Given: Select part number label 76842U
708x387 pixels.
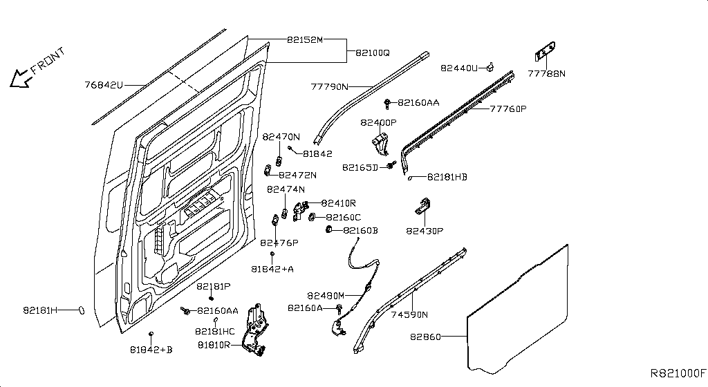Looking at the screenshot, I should point(104,86).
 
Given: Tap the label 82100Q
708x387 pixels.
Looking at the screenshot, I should point(373,53).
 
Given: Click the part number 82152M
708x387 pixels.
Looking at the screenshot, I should point(305,40).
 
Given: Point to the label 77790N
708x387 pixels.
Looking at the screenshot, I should point(329,87).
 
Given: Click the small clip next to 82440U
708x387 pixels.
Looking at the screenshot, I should point(490,66).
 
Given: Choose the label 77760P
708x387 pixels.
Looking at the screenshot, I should point(508,108).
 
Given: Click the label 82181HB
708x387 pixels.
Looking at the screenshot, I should point(447,177).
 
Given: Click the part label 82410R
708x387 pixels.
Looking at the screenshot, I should point(338,203).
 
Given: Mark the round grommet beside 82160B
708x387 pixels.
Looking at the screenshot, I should point(329,229).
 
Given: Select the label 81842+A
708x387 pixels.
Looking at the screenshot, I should point(272,268).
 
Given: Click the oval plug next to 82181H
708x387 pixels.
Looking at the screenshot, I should point(83,310).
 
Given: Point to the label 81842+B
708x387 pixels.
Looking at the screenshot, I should point(151,350).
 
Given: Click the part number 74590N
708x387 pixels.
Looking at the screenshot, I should point(410,314).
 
